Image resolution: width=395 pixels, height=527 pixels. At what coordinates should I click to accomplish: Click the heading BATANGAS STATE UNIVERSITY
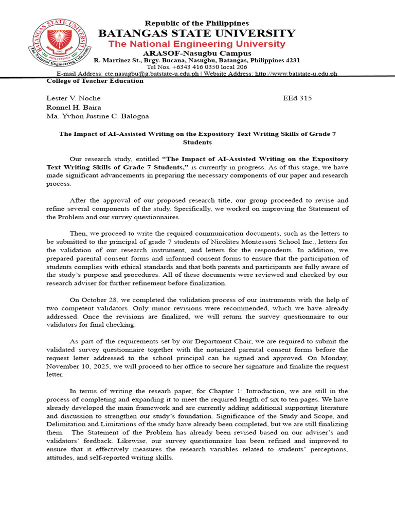coord(197,33)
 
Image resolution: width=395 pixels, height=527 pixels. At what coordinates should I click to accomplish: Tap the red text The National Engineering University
coord(197,44)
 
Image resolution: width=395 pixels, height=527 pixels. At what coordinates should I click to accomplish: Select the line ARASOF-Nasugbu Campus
coord(197,54)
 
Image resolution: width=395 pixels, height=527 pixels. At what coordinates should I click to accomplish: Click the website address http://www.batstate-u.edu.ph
coord(296,74)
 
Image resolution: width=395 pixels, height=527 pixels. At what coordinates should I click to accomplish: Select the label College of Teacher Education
coord(95,81)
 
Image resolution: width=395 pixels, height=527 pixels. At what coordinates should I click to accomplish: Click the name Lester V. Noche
coord(74,98)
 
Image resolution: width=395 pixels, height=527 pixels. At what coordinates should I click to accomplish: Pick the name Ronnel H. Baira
coord(74,107)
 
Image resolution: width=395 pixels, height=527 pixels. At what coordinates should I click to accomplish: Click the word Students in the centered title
coord(197,142)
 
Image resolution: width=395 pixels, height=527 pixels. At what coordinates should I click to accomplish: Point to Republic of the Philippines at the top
coord(197,23)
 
